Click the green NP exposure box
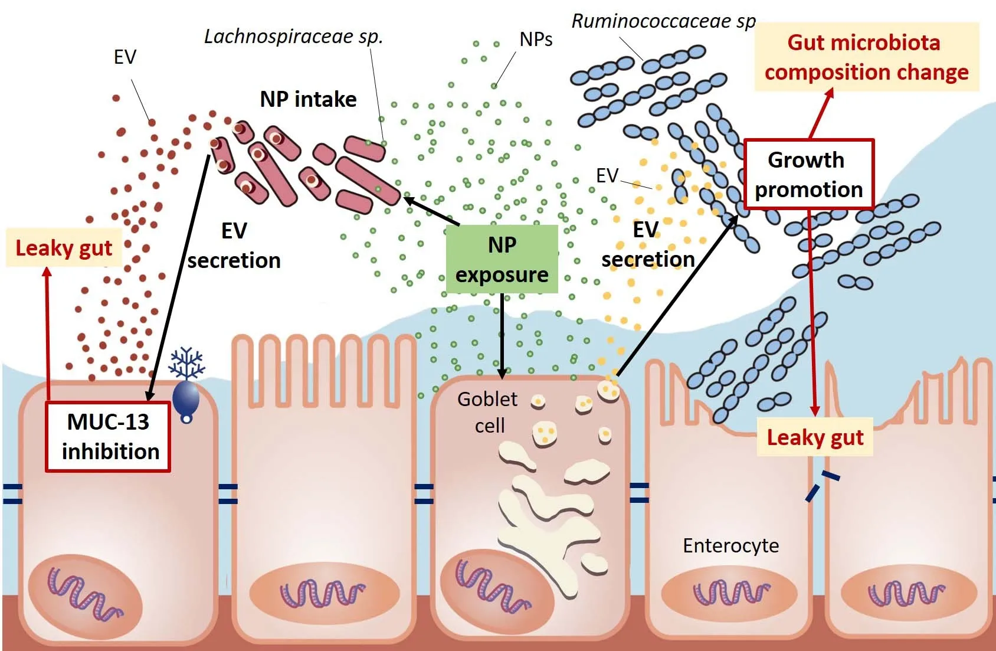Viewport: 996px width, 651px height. coord(502,259)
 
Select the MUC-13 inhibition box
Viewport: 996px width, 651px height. coord(109,437)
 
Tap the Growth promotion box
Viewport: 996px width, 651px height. coord(808,174)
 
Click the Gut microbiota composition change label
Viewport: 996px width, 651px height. coord(866,57)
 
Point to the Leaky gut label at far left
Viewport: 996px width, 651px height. coord(64,248)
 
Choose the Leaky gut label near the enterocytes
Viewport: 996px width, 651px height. coord(815,437)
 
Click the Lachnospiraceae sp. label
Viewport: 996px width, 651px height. coord(293,37)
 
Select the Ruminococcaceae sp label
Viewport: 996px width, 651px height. coord(663,22)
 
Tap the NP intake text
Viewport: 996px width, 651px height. coord(308,99)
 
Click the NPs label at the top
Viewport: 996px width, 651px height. coord(536,40)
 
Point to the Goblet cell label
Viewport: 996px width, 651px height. coord(488,412)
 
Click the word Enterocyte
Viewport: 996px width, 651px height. coord(730,545)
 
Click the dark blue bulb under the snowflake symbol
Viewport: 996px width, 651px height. coord(186,398)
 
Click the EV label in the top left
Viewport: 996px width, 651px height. coord(125,57)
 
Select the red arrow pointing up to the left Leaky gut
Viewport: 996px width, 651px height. coord(48,331)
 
